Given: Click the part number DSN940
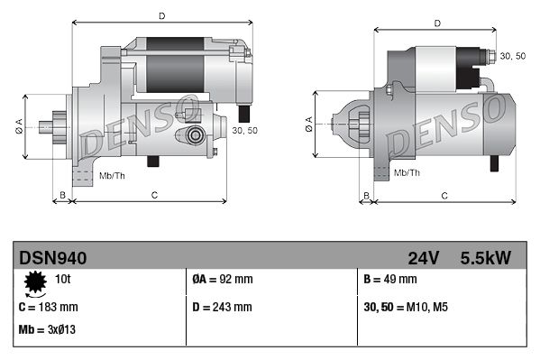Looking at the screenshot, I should click(x=52, y=258).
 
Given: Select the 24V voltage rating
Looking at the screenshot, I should click(x=423, y=258).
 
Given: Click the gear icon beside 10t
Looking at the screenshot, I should click(x=34, y=284).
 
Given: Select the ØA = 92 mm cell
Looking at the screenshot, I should click(x=223, y=281).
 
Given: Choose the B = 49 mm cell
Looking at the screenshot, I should click(x=390, y=281).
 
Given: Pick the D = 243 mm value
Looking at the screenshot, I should click(x=223, y=307).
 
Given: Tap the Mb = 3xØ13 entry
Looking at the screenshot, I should click(x=47, y=329).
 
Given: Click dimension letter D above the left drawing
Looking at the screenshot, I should click(x=160, y=15).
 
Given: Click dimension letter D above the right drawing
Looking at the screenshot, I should click(x=436, y=23).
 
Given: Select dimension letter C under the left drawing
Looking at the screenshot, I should click(x=154, y=194).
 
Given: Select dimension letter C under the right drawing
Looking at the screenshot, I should click(x=444, y=195).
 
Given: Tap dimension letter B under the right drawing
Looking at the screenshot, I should click(x=366, y=195).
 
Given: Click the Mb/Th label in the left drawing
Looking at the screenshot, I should click(x=112, y=174).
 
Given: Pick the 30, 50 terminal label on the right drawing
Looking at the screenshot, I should click(x=513, y=56).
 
